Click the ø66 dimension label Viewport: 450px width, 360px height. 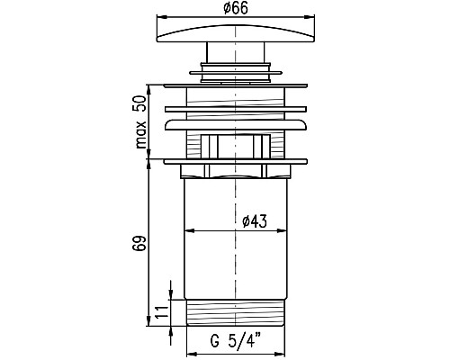click(x=236, y=8)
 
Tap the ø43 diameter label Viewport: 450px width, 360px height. click(x=255, y=221)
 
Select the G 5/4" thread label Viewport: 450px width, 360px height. click(x=235, y=340)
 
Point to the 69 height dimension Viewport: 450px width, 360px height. click(x=139, y=243)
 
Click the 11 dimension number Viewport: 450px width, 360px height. click(x=161, y=313)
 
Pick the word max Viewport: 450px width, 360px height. click(x=140, y=135)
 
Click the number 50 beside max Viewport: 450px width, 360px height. click(x=139, y=103)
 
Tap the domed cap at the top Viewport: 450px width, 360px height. click(x=236, y=33)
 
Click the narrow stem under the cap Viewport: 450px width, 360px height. click(x=236, y=52)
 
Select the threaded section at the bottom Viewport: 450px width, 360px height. click(x=236, y=312)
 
